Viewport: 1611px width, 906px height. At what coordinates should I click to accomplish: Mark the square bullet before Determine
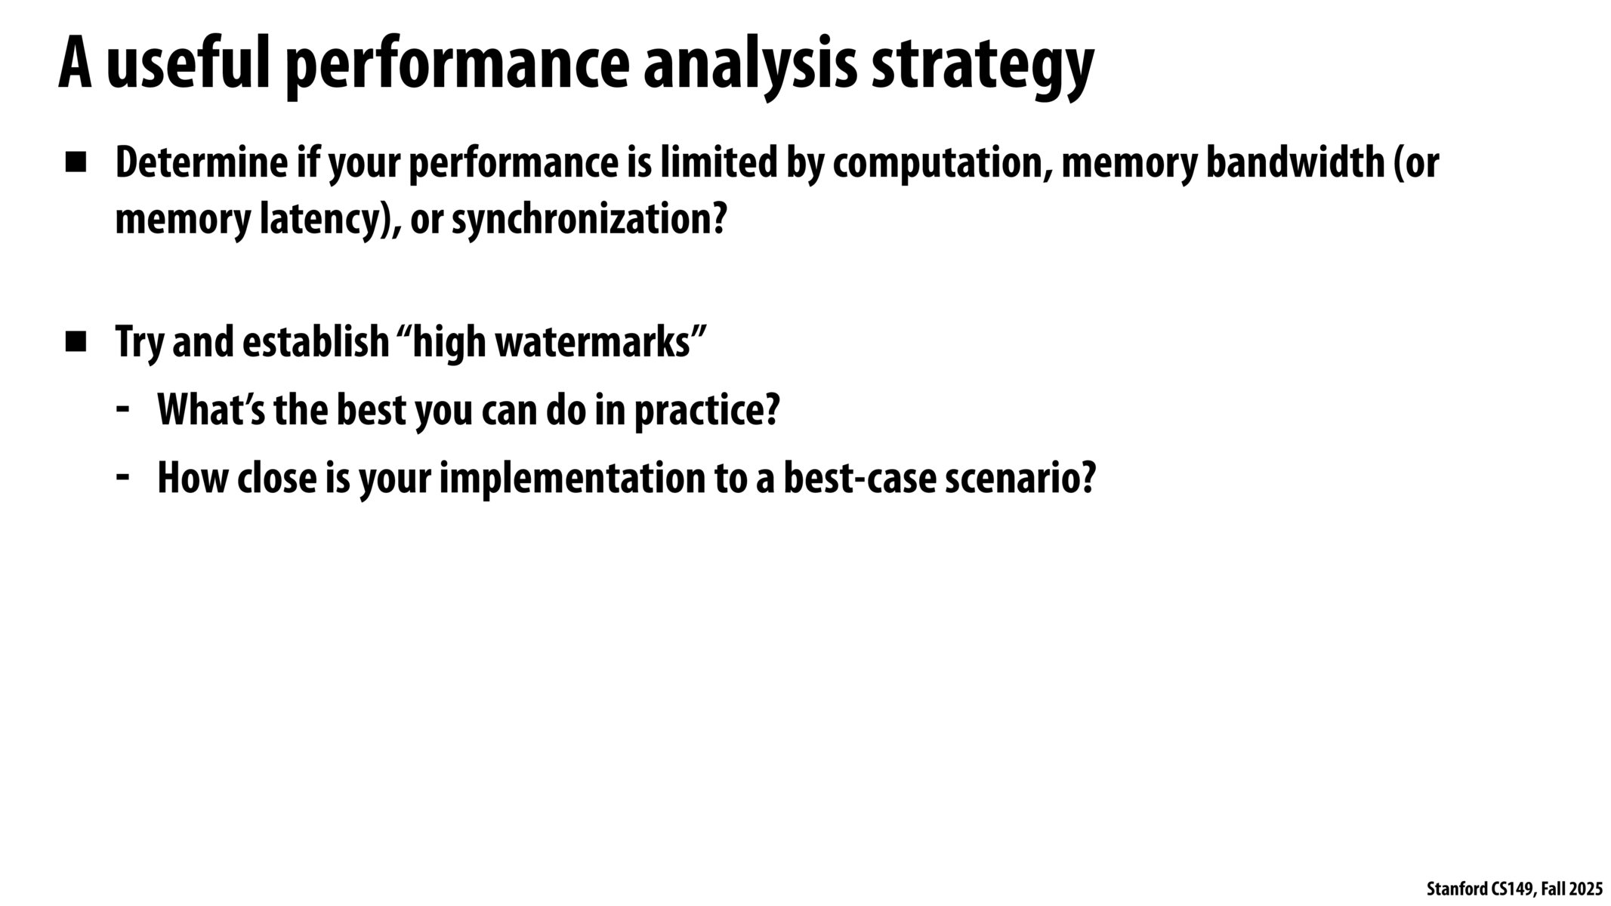76,164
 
